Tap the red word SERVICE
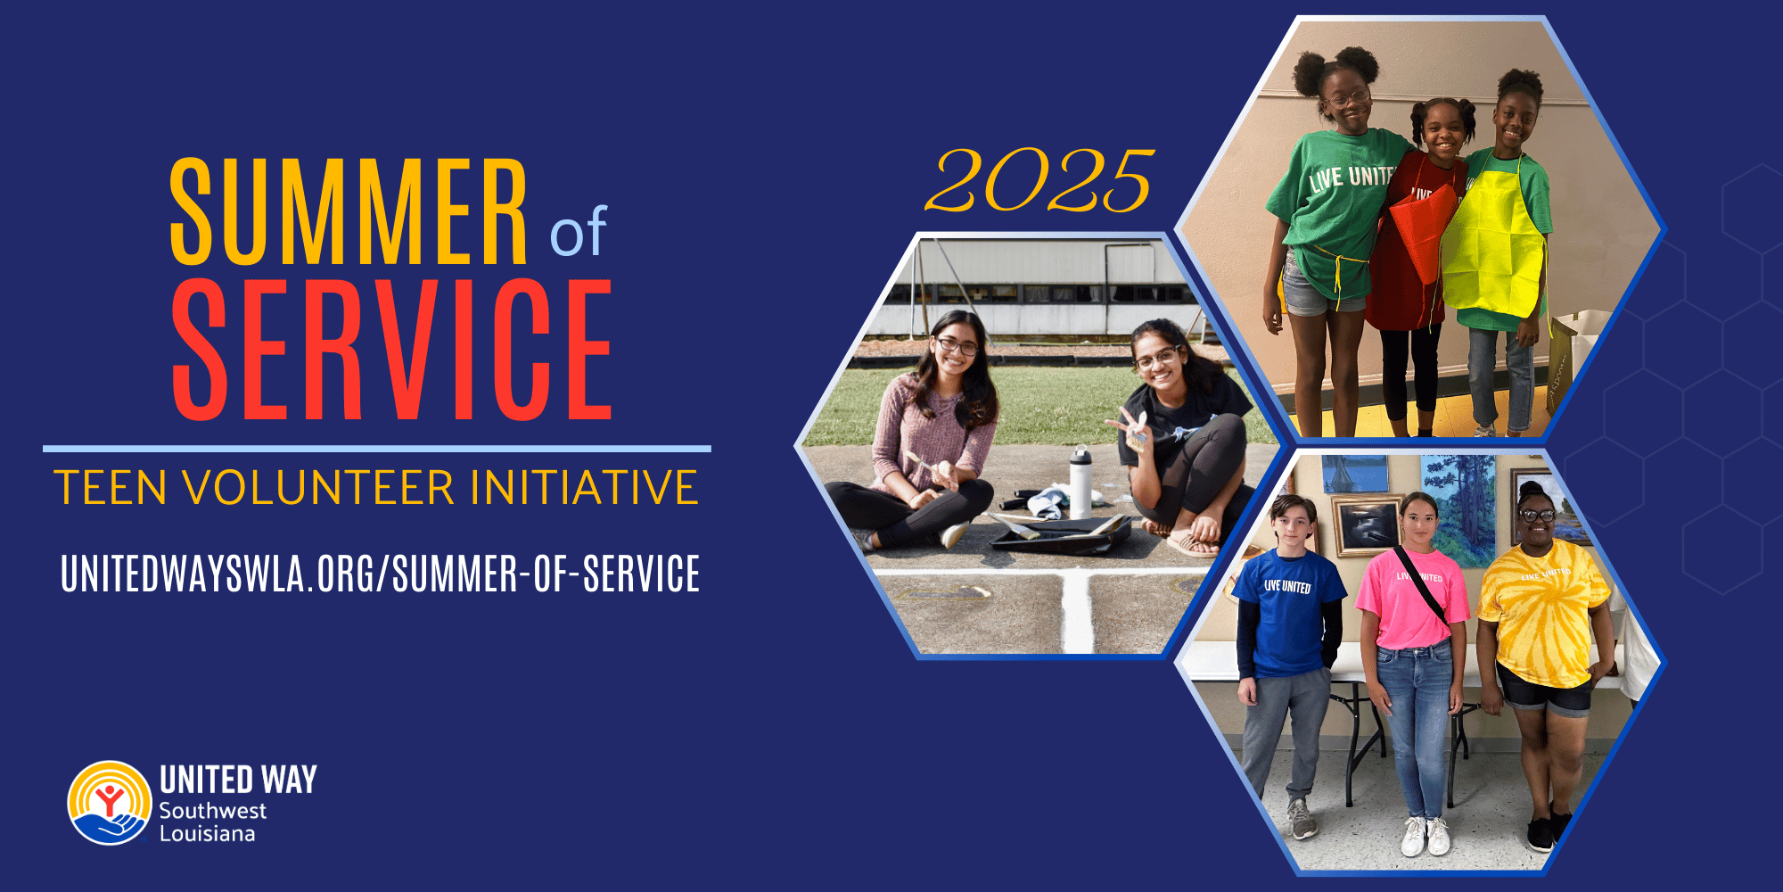pos(392,350)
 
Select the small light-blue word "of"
pos(579,233)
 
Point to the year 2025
pos(1039,182)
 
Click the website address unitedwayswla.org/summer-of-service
pos(380,574)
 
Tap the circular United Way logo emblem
pos(109,803)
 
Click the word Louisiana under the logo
pos(207,834)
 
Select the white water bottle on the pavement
pos(1080,483)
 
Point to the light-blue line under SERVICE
pos(376,449)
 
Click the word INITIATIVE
pos(584,488)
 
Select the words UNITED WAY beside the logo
pos(238,780)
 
